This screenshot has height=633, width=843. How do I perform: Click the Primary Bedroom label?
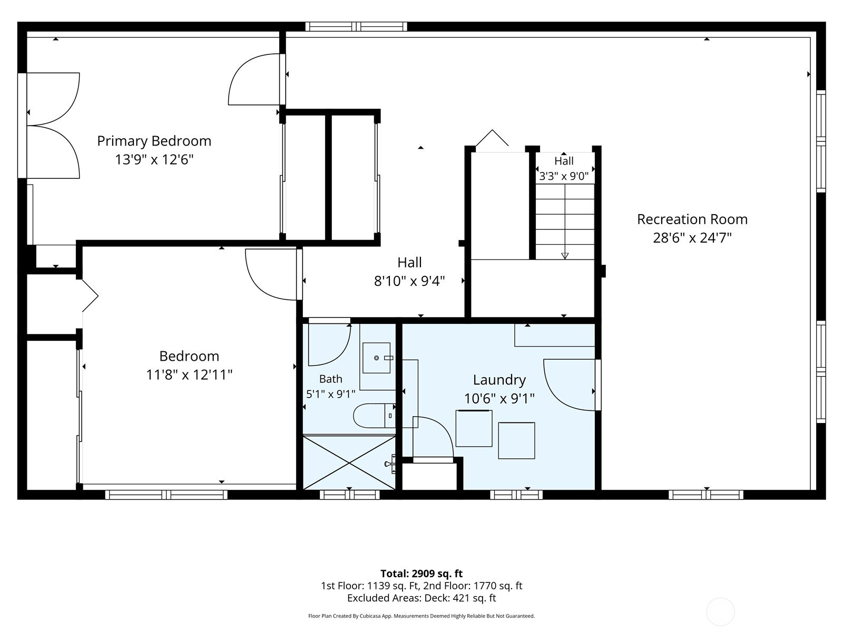coord(154,141)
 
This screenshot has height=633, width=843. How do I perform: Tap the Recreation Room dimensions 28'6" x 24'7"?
coord(692,238)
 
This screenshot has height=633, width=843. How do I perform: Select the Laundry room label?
coord(499,380)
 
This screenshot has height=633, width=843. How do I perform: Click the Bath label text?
coord(331,379)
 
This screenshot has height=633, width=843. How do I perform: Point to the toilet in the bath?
coord(374,416)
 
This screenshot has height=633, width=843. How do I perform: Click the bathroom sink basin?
coord(376,358)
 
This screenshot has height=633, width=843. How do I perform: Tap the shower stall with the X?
coord(349,462)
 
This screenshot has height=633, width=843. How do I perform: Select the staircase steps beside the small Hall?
coord(565,222)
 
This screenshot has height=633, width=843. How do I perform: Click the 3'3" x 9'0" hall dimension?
coord(564,176)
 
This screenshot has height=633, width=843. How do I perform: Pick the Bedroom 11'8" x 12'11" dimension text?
coord(189,375)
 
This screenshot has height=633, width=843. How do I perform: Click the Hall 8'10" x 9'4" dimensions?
coord(409,281)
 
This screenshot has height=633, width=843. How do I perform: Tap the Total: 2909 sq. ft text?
coord(421,573)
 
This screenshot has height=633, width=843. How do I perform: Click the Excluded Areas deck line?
coord(421,598)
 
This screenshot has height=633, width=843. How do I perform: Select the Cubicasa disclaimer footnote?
coord(421,616)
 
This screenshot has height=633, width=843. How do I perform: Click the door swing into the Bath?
coord(329,342)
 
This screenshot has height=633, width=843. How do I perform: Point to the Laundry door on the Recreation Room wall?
coord(572,385)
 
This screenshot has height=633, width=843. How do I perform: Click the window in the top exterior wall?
coord(356,26)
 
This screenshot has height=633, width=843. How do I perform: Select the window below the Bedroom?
coord(166,495)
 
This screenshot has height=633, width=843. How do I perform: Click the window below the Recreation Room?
coord(706,495)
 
